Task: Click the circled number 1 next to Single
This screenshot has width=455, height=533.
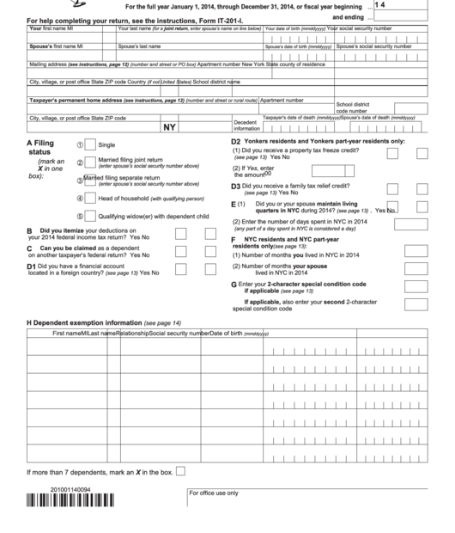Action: (80, 145)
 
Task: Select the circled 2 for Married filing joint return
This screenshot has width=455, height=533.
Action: (80, 162)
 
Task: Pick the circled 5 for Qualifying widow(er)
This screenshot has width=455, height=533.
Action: (80, 217)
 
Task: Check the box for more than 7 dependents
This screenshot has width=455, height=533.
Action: (180, 470)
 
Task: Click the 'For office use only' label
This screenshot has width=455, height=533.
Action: (215, 493)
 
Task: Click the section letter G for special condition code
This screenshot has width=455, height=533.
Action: (234, 283)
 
